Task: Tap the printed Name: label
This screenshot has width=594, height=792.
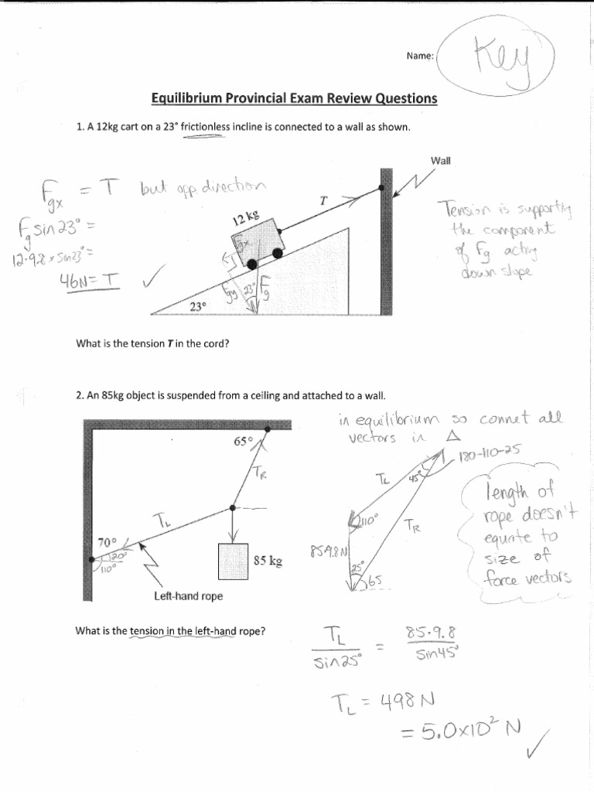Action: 420,56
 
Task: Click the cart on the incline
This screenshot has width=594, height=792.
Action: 253,242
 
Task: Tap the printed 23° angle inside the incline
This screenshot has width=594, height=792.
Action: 198,306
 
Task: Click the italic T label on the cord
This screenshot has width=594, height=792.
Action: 323,200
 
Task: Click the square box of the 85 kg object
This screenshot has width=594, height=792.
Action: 233,562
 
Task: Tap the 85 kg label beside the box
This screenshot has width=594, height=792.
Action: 267,561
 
